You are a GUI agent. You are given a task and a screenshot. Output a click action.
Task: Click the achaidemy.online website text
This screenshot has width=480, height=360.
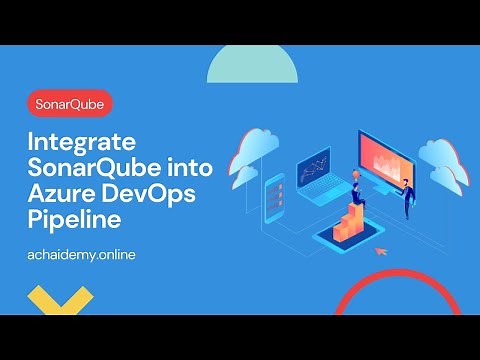[x=82, y=254]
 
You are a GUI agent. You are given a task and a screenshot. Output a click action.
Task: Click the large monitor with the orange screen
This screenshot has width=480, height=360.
[x=385, y=155]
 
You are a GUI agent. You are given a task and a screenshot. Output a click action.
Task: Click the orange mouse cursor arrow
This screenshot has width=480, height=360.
[x=380, y=251]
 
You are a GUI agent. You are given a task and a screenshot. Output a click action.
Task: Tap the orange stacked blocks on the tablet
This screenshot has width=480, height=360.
[x=352, y=221]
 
